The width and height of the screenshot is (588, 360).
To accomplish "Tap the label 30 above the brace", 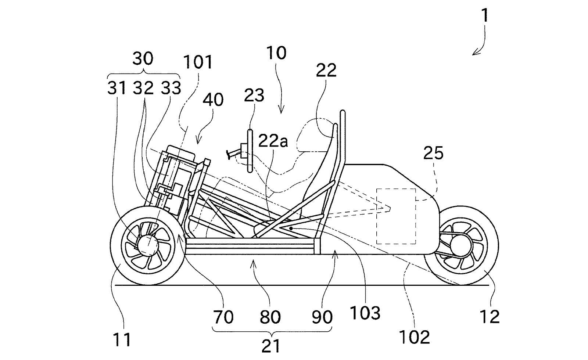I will click(143, 58).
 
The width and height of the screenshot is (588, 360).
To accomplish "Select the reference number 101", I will click(198, 62).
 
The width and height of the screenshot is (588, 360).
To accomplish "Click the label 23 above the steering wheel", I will click(254, 96).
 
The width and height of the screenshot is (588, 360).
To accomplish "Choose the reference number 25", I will click(433, 153).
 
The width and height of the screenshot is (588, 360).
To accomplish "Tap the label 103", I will click(365, 313).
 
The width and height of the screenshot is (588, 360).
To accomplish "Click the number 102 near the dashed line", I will click(414, 337).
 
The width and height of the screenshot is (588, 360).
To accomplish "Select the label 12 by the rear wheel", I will click(490, 317).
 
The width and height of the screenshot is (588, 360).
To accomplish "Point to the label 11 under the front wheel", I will click(122, 340).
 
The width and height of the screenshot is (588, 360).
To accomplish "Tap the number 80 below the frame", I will click(270, 317).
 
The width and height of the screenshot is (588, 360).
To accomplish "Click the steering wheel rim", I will click(250, 151).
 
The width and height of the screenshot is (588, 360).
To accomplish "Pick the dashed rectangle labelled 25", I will click(396, 216).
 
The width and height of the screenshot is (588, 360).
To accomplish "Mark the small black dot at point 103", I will click(291, 228).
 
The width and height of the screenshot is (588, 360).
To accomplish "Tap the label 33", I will click(171, 88).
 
